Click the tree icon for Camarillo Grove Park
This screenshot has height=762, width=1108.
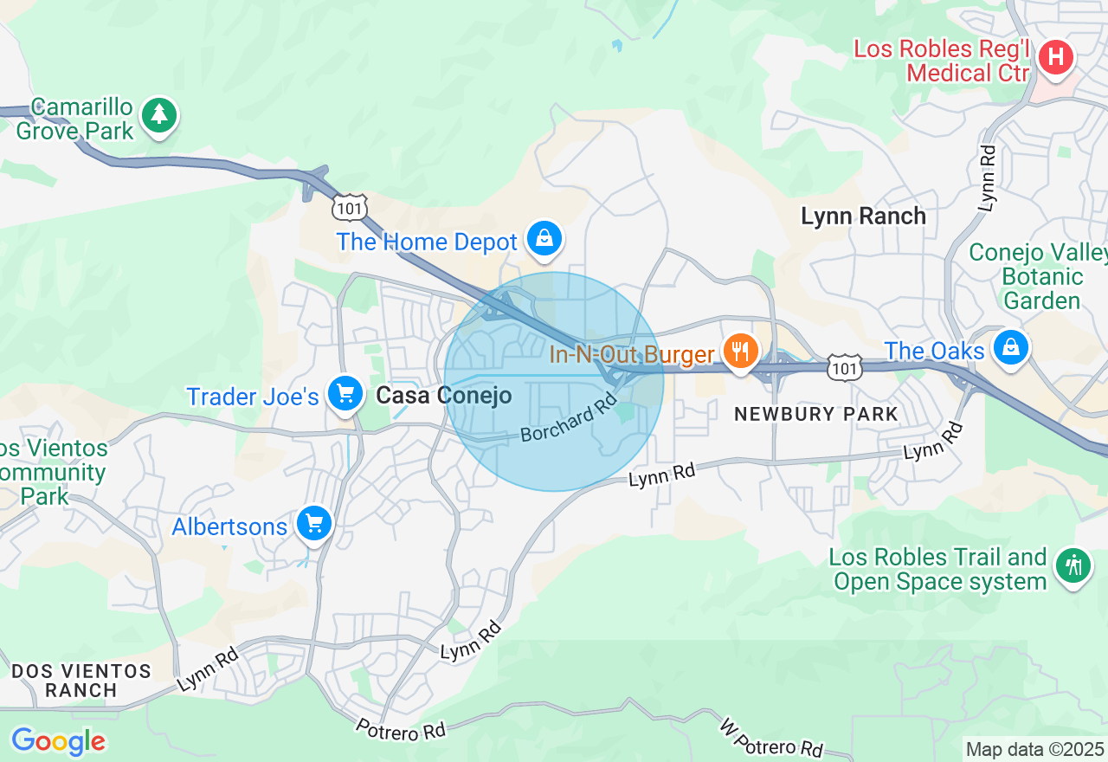158,115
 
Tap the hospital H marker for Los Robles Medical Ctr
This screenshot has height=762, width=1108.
1055,59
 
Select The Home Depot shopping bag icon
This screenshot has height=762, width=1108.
544,237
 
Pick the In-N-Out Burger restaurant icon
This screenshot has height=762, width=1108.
740,351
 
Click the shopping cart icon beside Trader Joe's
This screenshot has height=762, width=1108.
345,394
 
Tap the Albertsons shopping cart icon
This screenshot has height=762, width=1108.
313,524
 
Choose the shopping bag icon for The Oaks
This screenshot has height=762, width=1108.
1010,347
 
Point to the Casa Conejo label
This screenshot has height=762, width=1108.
443,396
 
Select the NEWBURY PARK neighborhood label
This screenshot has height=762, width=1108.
815,415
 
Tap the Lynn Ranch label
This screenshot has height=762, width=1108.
863,216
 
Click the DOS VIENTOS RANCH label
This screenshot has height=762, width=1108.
81,681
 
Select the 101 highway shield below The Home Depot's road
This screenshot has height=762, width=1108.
350,208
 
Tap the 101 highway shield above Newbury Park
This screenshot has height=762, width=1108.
843,369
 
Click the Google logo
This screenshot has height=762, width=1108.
58,742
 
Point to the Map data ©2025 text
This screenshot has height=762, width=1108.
1034,749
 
